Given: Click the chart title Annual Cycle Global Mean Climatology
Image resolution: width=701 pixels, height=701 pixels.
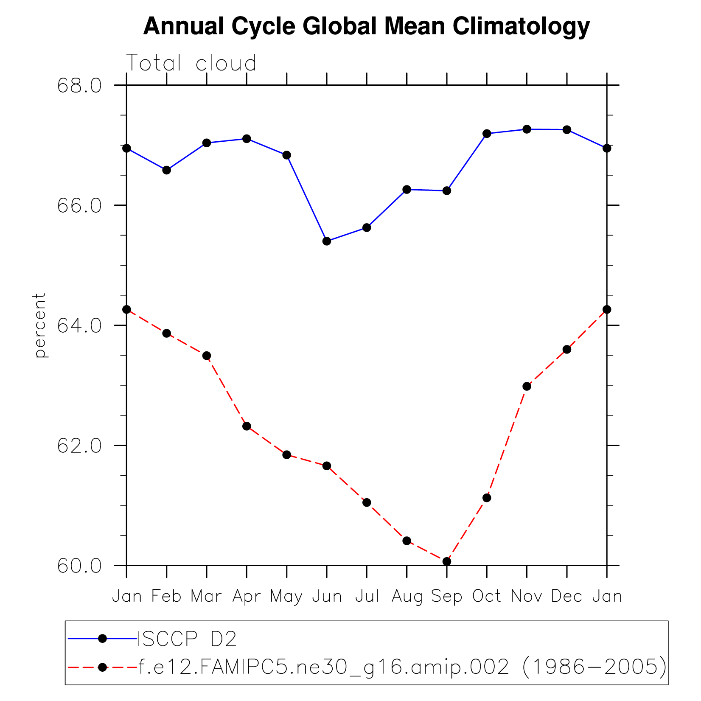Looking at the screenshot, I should [x=366, y=26].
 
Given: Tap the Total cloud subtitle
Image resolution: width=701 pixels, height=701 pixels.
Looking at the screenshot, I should [x=191, y=63].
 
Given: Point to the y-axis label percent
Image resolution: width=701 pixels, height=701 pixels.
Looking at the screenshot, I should [x=40, y=325].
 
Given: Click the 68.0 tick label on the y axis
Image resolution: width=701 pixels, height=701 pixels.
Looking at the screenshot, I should [x=79, y=86].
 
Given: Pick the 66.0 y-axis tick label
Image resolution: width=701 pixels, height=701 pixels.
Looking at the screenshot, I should [x=79, y=206].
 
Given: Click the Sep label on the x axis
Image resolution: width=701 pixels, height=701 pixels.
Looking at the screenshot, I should [x=446, y=597].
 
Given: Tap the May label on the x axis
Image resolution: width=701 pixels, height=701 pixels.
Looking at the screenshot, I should [x=286, y=597].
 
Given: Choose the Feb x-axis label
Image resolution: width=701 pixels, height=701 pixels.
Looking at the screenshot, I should [x=166, y=597].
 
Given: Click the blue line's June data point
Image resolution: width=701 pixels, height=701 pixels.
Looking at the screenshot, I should [x=327, y=241].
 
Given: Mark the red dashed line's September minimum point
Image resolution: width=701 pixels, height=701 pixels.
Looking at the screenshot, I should [x=446, y=561].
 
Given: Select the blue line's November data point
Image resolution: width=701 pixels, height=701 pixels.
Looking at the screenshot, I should [x=527, y=129].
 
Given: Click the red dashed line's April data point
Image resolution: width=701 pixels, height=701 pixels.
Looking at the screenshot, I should [x=247, y=426].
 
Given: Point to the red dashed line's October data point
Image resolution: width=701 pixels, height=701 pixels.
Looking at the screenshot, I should [x=487, y=498].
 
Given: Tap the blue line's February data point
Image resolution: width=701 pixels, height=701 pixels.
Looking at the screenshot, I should [x=166, y=170].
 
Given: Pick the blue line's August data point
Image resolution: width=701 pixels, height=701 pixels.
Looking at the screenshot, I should [x=407, y=189].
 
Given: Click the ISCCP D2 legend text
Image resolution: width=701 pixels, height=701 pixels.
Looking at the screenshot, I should [x=187, y=639].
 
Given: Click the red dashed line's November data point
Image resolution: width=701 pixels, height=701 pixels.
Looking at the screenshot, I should [x=527, y=386].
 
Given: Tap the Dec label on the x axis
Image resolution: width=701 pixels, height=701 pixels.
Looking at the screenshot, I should [x=566, y=597].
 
